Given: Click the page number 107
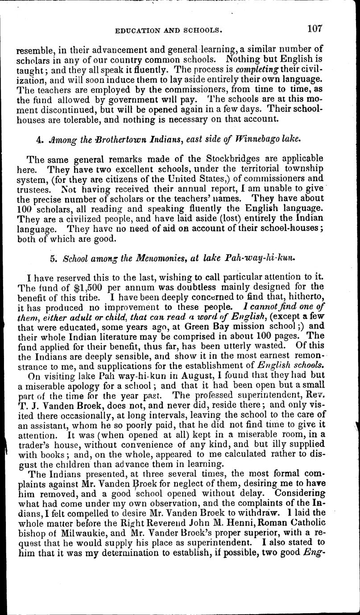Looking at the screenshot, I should tap(314, 29).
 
